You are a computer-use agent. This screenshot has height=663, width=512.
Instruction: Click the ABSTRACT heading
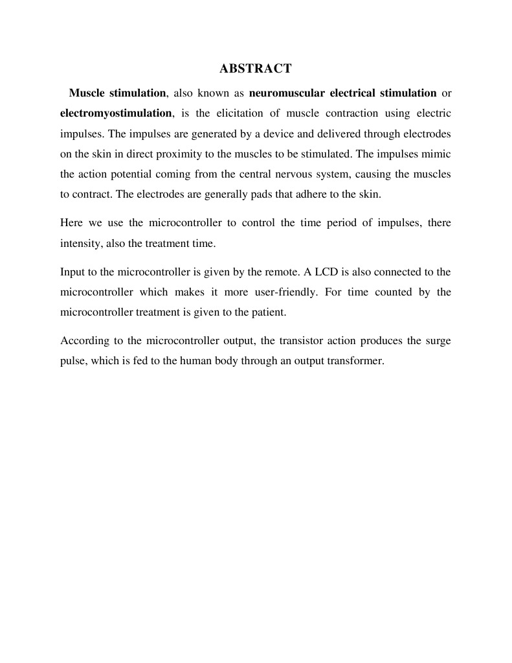(256, 68)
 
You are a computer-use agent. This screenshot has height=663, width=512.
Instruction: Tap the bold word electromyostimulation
(116, 113)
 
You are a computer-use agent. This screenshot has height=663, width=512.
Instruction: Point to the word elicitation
(242, 113)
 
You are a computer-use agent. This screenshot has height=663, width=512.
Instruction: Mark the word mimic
(438, 154)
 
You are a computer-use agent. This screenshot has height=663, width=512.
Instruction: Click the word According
(82, 340)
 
